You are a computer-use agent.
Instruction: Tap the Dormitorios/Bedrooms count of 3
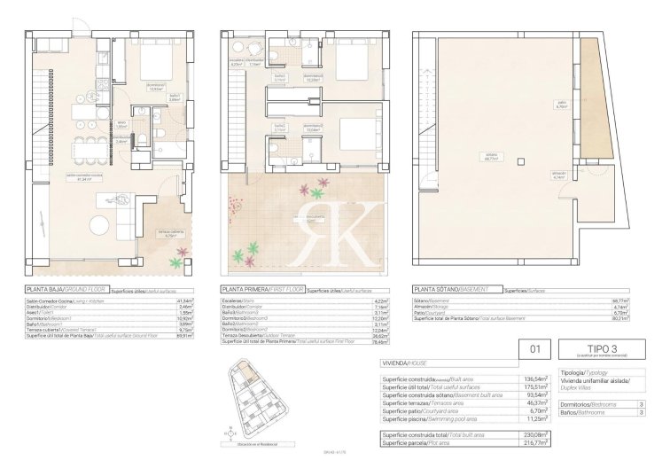[x=640, y=403]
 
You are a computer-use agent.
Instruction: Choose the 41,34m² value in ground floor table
[x=183, y=301]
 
